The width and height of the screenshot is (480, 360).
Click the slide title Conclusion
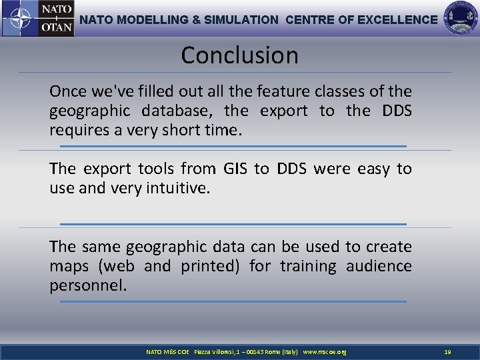click(x=239, y=55)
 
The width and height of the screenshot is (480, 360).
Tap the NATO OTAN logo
click(x=38, y=19)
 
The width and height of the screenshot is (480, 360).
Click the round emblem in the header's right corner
click(x=461, y=19)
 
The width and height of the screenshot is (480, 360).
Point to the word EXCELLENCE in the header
click(x=397, y=20)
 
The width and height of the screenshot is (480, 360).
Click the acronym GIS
click(x=235, y=169)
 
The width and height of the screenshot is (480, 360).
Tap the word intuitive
click(x=179, y=189)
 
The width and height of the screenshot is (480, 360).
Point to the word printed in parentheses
click(x=211, y=267)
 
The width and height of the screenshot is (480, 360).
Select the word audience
click(x=379, y=267)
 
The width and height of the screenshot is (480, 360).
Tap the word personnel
click(x=87, y=286)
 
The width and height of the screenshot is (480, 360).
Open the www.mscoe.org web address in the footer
click(x=325, y=352)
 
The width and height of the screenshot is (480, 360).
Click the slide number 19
click(x=447, y=352)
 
